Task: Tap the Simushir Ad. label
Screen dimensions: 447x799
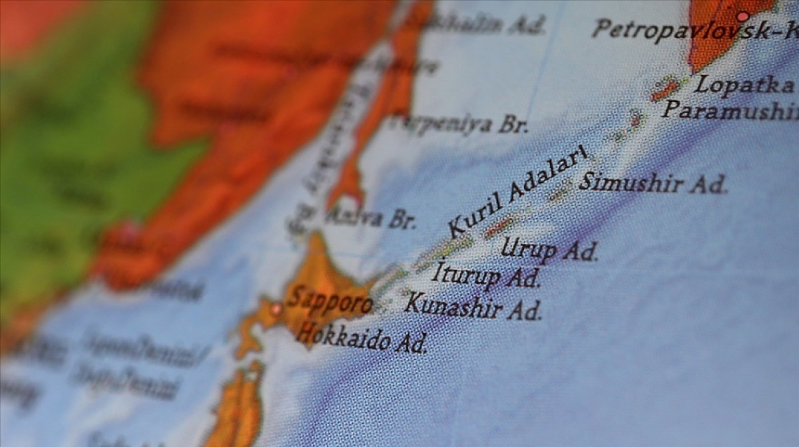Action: pyautogui.click(x=653, y=183)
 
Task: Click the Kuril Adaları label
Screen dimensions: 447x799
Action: pyautogui.click(x=517, y=191)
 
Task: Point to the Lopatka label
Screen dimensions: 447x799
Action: pyautogui.click(x=744, y=85)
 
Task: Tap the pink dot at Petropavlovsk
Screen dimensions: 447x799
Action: pyautogui.click(x=743, y=16)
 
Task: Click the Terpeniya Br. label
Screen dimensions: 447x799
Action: pyautogui.click(x=459, y=124)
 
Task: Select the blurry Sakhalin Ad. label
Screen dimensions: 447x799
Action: pyautogui.click(x=476, y=24)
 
